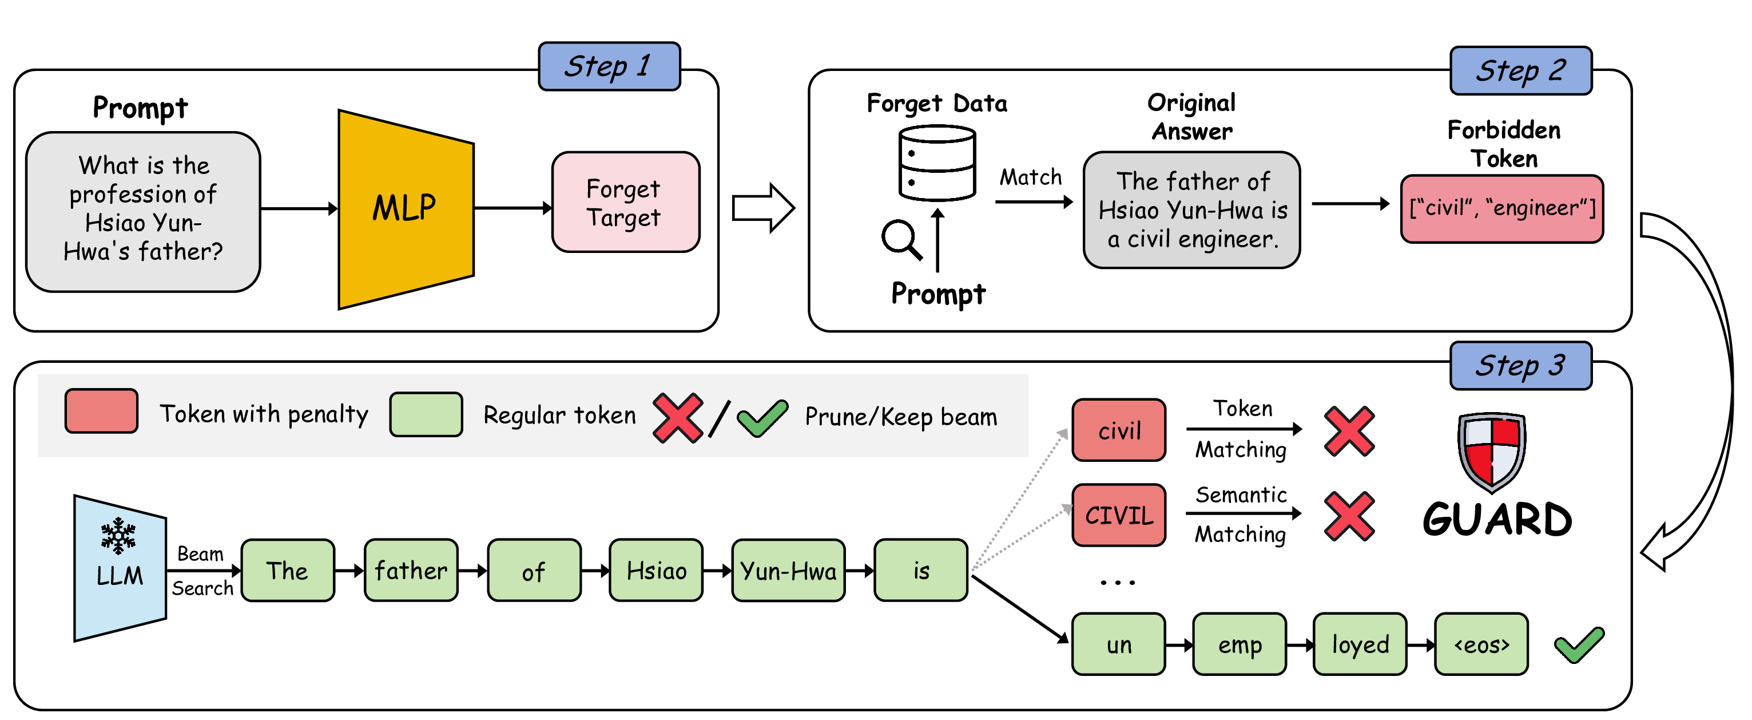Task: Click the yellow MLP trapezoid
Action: (x=406, y=209)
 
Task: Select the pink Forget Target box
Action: (x=625, y=203)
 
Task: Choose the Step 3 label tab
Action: (x=1520, y=366)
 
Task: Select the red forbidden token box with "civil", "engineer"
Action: (x=1501, y=209)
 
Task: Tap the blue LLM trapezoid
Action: (x=120, y=569)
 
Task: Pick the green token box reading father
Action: (x=411, y=570)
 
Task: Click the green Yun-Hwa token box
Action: (x=788, y=570)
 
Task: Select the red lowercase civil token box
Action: (x=1118, y=430)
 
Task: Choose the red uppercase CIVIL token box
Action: (x=1118, y=515)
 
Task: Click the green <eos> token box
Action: (x=1481, y=644)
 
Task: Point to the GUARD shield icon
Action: (x=1491, y=450)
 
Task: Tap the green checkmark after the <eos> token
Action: (x=1579, y=644)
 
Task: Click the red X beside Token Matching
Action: (x=1349, y=431)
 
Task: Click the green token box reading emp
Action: (x=1238, y=644)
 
